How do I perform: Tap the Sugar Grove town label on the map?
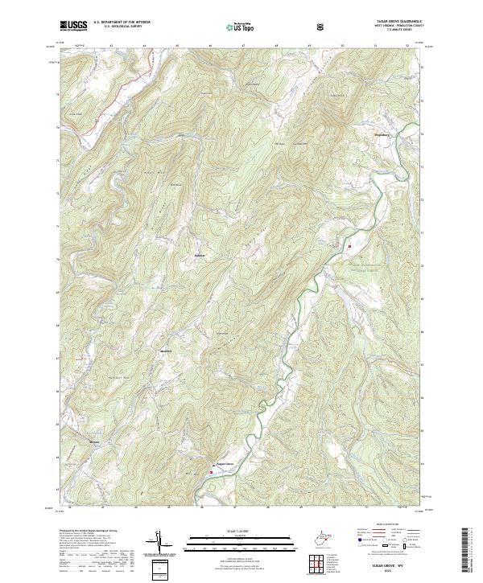click(225, 463)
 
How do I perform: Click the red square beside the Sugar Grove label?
click(211, 472)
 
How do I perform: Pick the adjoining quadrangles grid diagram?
click(318, 566)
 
